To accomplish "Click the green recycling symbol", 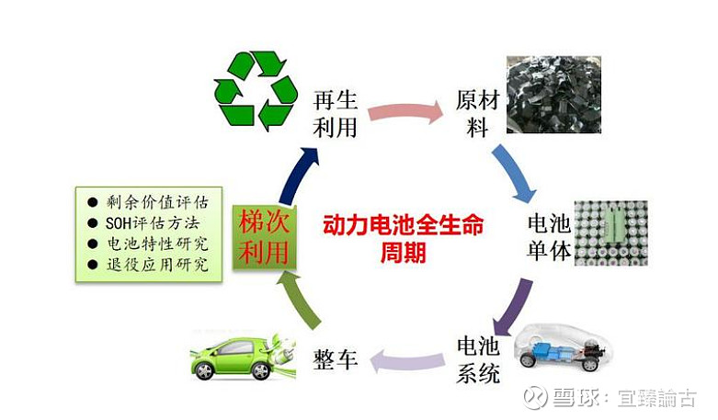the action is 256,91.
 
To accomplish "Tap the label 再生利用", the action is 336,114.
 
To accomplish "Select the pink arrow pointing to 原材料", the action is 405,112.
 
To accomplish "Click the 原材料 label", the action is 478,113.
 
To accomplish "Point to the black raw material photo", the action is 553,95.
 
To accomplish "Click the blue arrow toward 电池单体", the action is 514,173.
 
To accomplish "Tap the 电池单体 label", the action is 549,237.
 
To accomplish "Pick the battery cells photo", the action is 610,233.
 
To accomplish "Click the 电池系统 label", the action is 478,360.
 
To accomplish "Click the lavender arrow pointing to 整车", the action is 406,360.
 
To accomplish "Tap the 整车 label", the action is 336,359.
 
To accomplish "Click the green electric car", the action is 243,357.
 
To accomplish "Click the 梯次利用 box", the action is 264,237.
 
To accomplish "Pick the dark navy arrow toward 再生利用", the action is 297,176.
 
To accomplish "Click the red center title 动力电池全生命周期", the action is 404,238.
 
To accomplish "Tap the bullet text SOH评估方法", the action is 153,223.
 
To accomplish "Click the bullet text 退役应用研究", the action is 157,265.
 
